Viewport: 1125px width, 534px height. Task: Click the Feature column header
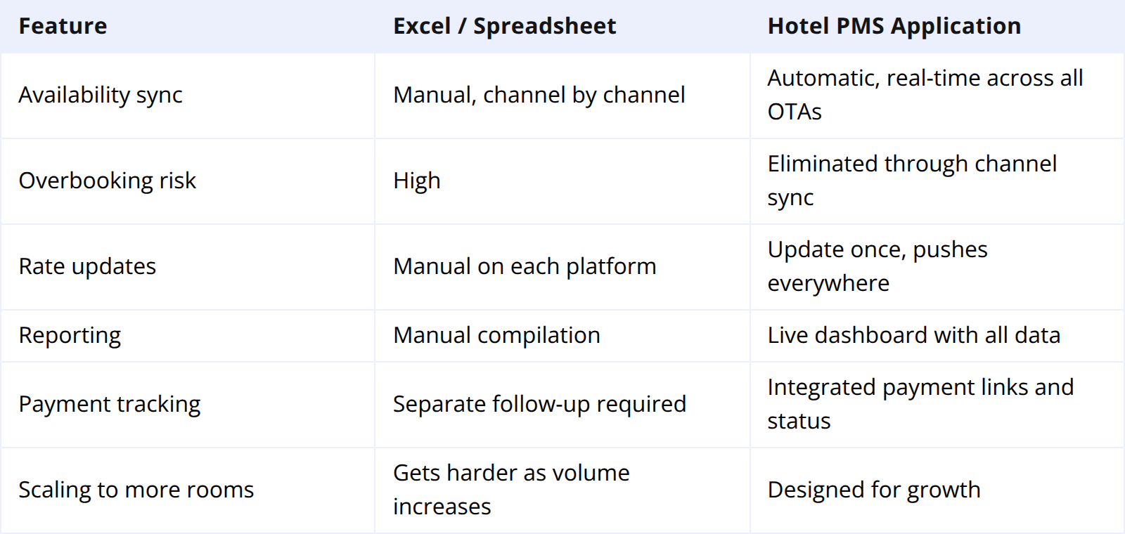tap(63, 26)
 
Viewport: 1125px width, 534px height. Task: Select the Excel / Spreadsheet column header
tap(504, 26)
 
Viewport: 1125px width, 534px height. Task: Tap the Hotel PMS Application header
tap(894, 26)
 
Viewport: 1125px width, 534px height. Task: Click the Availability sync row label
tap(101, 95)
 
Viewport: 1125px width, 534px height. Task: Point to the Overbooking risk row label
tap(107, 181)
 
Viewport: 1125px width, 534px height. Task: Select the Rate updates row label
tap(87, 266)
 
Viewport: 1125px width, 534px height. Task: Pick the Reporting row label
tap(70, 335)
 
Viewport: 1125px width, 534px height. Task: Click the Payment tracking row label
tap(109, 404)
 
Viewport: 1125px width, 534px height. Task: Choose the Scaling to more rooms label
tap(136, 490)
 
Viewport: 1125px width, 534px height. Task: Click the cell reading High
tap(416, 181)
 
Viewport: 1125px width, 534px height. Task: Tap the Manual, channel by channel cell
tap(539, 95)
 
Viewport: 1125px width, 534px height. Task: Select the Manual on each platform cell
tap(524, 266)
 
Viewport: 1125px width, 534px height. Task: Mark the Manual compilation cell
tap(496, 335)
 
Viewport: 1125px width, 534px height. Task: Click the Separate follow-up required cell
tap(539, 404)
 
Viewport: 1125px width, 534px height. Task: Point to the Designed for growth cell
tap(873, 490)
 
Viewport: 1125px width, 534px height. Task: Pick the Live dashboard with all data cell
tap(913, 335)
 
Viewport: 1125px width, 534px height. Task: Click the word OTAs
tap(794, 112)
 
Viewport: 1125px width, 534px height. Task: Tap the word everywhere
tap(828, 283)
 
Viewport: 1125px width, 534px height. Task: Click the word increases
tap(442, 507)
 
